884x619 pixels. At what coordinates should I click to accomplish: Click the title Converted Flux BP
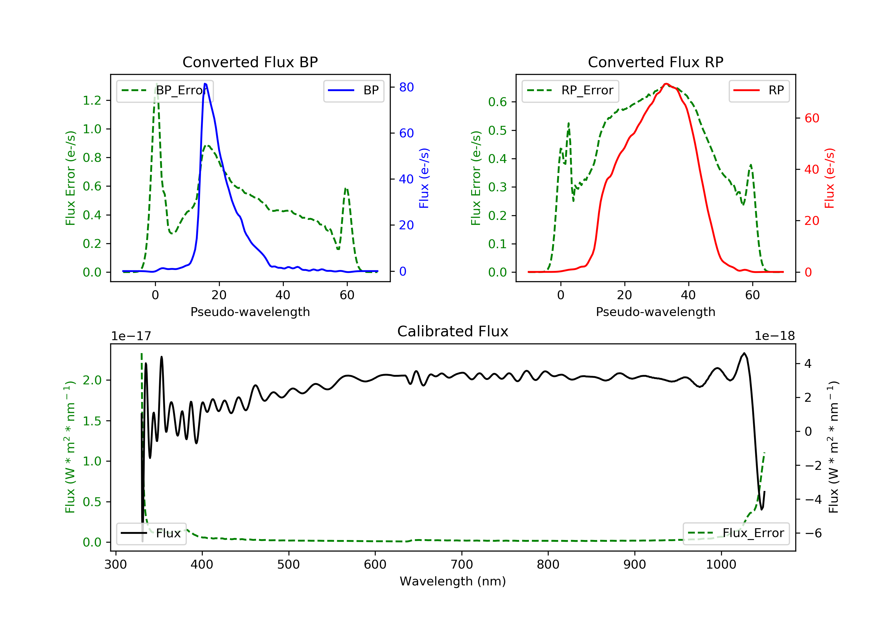[x=250, y=62]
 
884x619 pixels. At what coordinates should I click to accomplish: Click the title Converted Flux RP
[x=655, y=62]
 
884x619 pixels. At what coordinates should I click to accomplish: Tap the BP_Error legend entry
[x=165, y=90]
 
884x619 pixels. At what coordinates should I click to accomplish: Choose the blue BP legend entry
[x=353, y=90]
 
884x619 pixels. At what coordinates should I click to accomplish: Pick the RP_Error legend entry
[x=570, y=90]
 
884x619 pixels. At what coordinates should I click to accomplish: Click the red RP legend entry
[x=759, y=90]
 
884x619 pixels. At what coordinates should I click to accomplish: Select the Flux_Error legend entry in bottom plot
[x=736, y=533]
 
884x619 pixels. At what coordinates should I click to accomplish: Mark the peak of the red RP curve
[x=666, y=84]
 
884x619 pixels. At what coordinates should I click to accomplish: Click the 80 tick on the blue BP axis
[x=406, y=88]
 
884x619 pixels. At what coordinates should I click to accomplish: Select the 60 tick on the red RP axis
[x=812, y=118]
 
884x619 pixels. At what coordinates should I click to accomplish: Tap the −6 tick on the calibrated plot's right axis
[x=812, y=533]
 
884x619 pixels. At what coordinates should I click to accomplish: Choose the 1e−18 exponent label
[x=774, y=336]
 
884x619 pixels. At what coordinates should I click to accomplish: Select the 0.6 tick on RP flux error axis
[x=497, y=102]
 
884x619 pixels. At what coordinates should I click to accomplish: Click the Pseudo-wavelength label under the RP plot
[x=655, y=312]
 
